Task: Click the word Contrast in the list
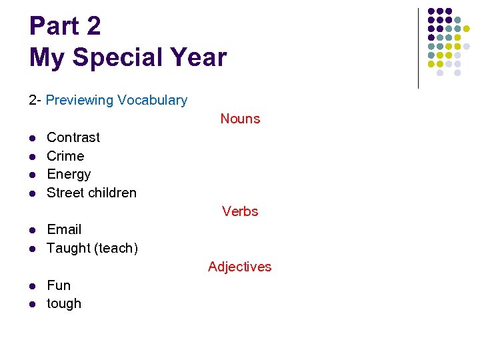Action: tap(73, 137)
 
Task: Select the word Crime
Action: tap(65, 156)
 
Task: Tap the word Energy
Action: tap(69, 175)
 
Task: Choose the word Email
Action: tap(64, 229)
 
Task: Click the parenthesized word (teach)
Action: tap(116, 248)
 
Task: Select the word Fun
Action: tap(59, 285)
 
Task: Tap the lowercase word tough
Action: tap(64, 304)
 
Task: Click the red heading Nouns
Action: tap(240, 119)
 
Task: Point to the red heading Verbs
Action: tap(240, 211)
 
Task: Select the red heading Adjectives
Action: tap(240, 267)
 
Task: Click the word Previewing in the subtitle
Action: tap(80, 100)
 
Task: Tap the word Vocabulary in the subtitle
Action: tap(152, 100)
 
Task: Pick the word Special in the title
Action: tap(117, 57)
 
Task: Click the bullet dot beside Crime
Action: tap(32, 157)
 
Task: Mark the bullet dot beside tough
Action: tap(32, 305)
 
